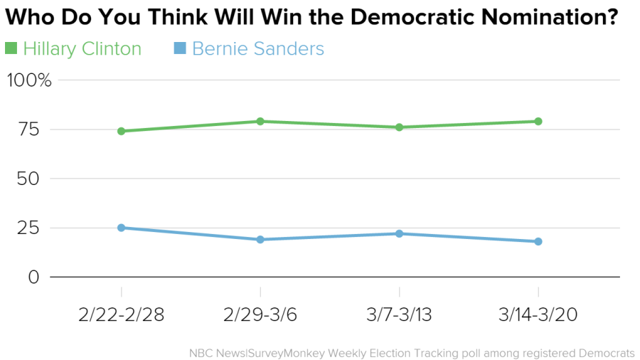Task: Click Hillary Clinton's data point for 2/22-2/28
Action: tap(121, 131)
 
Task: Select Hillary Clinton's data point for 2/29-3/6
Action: tap(260, 122)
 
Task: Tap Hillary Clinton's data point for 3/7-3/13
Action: tap(399, 127)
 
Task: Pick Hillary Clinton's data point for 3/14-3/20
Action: tap(538, 122)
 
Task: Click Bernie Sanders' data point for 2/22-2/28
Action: tap(121, 228)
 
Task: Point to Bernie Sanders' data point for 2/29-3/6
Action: tap(260, 240)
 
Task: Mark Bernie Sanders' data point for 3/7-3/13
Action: tap(399, 233)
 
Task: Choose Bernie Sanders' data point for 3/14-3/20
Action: tap(538, 242)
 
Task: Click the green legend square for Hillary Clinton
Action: tap(11, 48)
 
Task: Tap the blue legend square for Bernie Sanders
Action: tap(180, 48)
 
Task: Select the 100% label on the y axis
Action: tap(29, 80)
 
